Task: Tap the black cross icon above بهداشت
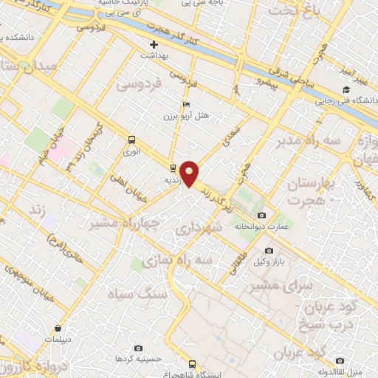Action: coord(154,44)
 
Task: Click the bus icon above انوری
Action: coord(131,139)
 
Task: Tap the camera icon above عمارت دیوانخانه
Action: coord(261,214)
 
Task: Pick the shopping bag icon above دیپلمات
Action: coord(58,326)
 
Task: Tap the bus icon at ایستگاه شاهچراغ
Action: coord(193,364)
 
